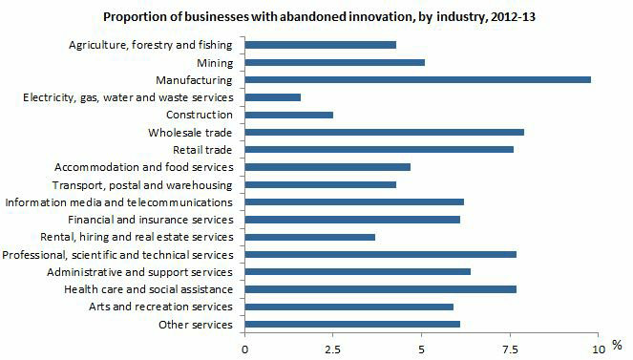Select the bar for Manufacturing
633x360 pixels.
click(x=418, y=79)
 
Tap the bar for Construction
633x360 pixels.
click(x=289, y=115)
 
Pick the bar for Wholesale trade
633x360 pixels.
click(x=385, y=132)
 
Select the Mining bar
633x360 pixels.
click(x=335, y=62)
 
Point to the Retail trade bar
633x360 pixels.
click(x=379, y=149)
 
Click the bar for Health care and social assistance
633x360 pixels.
click(x=381, y=289)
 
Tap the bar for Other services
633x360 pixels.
click(x=352, y=325)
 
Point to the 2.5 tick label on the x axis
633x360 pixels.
click(x=333, y=349)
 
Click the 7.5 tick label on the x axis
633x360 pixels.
click(x=510, y=349)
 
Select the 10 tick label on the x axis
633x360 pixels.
click(x=598, y=349)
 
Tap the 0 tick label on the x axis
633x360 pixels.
click(x=245, y=349)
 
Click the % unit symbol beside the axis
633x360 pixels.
click(x=617, y=345)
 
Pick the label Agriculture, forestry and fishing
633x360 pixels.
click(x=151, y=45)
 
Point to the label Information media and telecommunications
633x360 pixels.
click(x=118, y=202)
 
